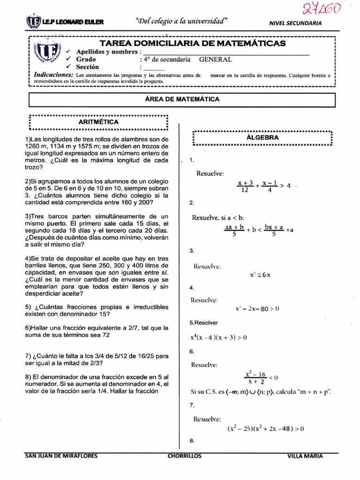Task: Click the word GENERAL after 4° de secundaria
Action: tap(215, 60)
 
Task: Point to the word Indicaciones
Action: tap(53, 75)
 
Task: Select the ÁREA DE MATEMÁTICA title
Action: tap(182, 99)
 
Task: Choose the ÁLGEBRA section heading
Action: tap(262, 138)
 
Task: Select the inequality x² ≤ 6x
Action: tap(260, 275)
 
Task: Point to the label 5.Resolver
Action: tap(203, 323)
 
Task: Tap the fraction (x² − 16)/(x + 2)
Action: tap(255, 378)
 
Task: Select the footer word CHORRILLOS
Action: tap(184, 456)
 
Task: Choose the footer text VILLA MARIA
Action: tap(305, 456)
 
